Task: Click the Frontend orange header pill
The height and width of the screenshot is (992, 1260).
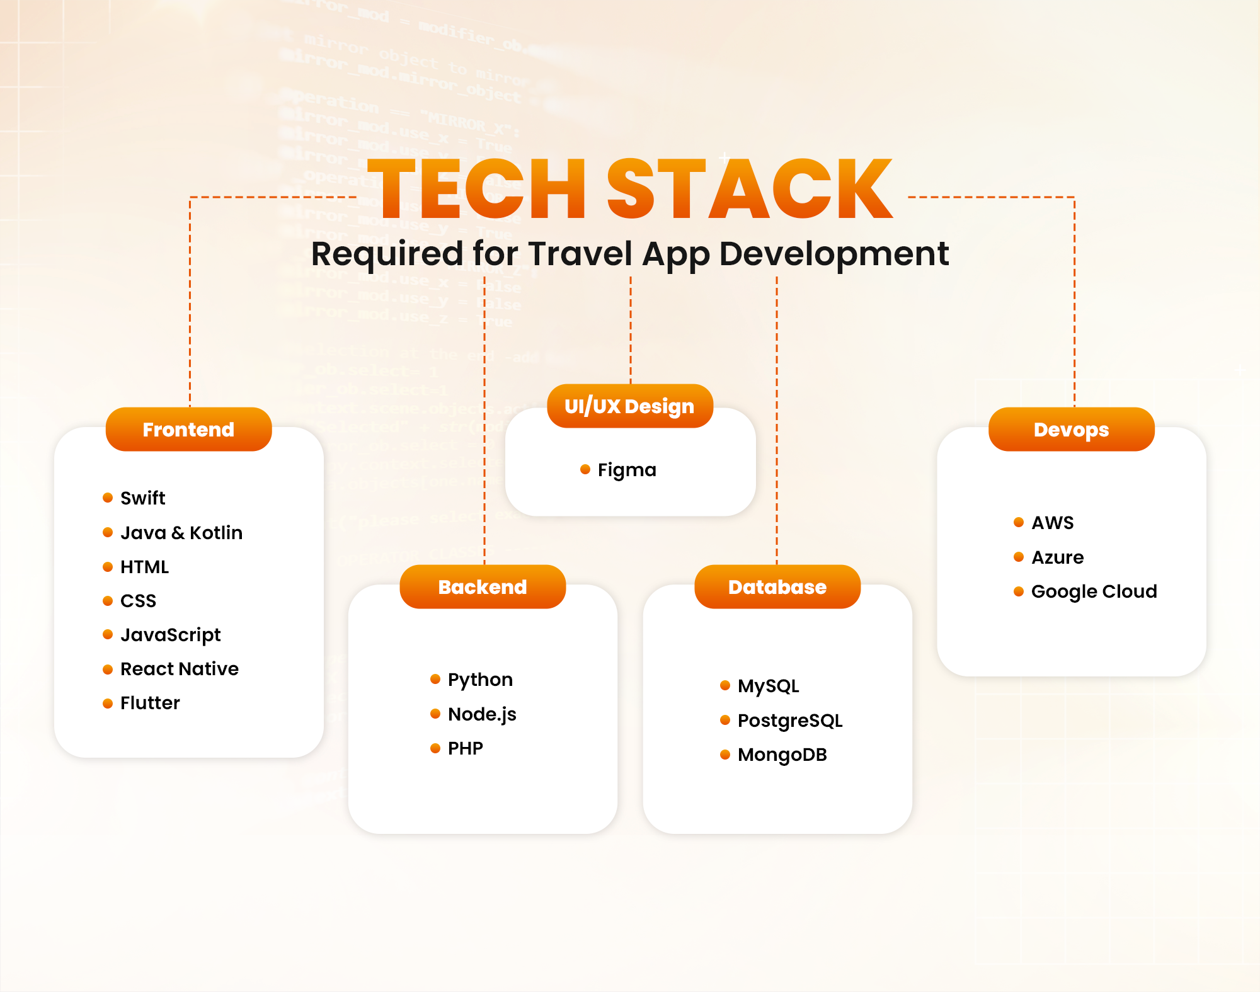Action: [188, 430]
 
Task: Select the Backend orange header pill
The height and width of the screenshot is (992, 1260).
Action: [483, 587]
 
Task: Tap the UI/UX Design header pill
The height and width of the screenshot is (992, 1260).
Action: [629, 406]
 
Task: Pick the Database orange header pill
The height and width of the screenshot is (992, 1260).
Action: [777, 587]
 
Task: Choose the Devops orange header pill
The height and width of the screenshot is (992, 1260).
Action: [1071, 430]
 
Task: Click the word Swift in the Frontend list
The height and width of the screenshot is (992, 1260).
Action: [143, 498]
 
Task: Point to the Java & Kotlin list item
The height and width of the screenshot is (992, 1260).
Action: [181, 533]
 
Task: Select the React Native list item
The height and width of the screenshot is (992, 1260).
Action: [180, 669]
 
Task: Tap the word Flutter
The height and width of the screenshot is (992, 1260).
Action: [150, 703]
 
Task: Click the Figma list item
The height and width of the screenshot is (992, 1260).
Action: [627, 470]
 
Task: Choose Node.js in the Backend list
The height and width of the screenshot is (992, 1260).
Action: [482, 714]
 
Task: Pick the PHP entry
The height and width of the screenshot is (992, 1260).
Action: [466, 748]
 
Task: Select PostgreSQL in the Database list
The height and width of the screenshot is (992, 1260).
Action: [790, 721]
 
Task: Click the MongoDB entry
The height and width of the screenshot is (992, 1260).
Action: [782, 755]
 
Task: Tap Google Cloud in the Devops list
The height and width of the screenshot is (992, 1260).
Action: [1094, 591]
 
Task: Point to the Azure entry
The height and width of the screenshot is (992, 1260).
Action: [1057, 557]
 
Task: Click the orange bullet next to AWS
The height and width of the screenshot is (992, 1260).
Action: [1019, 522]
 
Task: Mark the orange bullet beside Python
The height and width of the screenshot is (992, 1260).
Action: [435, 679]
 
